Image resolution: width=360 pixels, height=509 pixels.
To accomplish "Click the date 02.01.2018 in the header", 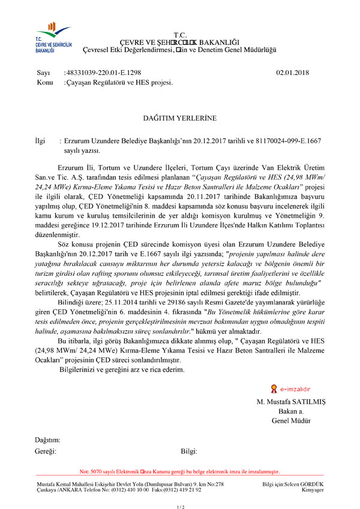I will coord(292,73).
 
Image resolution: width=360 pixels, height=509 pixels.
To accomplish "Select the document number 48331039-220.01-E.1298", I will coord(103,73).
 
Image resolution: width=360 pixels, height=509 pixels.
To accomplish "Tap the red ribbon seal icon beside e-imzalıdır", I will coord(274,388).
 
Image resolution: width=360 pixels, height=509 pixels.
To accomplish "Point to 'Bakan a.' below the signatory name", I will coord(291,411).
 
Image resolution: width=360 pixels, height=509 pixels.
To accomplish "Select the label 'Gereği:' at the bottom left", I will coord(46,451).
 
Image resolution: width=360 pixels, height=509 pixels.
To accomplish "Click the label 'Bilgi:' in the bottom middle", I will coord(189,451).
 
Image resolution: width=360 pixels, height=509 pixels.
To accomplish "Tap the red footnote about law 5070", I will coord(180,472).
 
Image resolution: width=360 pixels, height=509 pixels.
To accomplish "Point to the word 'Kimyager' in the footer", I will coord(311,489).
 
